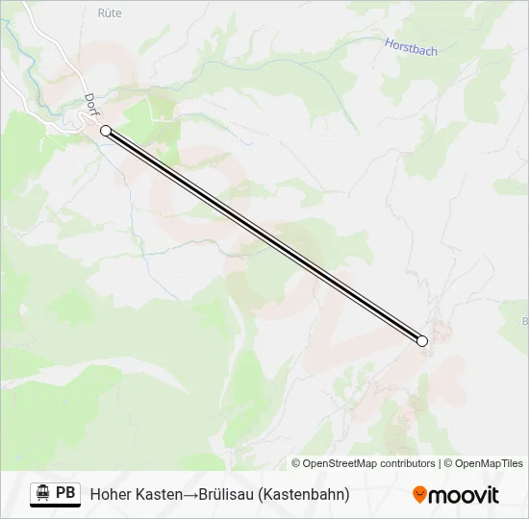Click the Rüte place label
pos(111,13)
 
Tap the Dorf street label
pos(91,106)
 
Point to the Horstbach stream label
pos(412,45)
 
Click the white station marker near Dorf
pos(106,131)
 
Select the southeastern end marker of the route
pos(421,340)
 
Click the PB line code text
pos(65,493)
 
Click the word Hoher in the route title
pos(111,494)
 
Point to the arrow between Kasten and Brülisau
pos(190,494)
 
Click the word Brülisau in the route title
pos(227,494)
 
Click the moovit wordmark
pos(464,495)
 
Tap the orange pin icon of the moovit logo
pos(419,495)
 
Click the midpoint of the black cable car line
pos(264,235)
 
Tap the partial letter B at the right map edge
pos(524,320)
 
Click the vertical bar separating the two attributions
pos(440,463)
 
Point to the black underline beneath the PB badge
pos(55,507)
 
